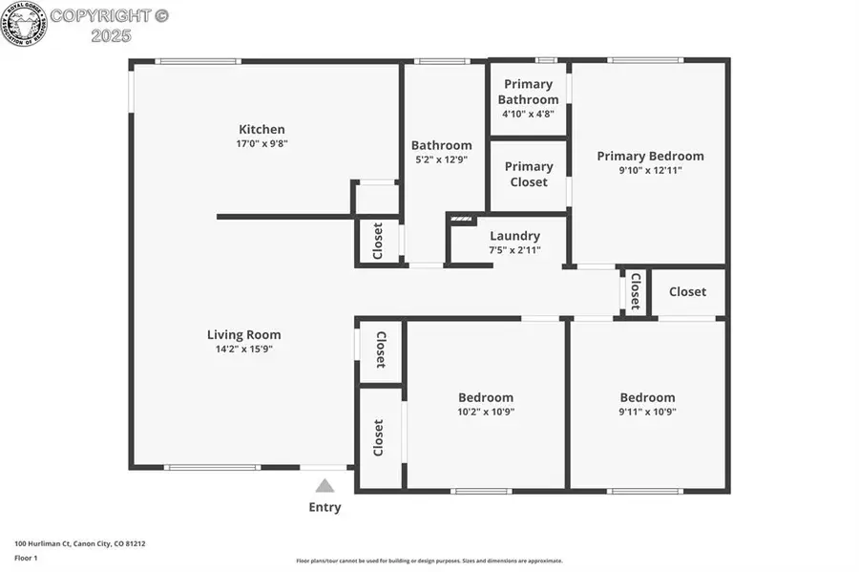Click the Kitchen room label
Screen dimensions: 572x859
click(262, 130)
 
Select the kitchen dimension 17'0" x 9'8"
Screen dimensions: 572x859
click(262, 144)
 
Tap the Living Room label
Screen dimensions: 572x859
click(244, 335)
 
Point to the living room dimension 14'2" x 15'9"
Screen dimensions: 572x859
click(244, 350)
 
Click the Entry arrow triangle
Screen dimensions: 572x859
click(325, 485)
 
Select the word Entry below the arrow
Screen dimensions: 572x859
click(325, 507)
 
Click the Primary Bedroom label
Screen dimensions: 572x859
click(650, 157)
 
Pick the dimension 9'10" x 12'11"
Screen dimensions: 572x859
click(650, 171)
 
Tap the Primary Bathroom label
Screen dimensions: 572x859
click(528, 93)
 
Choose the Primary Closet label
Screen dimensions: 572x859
click(529, 174)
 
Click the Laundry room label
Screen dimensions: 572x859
click(514, 236)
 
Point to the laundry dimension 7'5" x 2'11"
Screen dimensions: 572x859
click(514, 250)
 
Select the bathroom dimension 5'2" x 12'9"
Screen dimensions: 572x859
click(441, 160)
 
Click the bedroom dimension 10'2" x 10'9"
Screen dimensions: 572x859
click(486, 412)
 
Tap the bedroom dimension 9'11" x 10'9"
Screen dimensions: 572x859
click(647, 412)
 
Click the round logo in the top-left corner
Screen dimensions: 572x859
click(23, 23)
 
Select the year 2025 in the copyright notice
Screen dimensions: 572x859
click(111, 35)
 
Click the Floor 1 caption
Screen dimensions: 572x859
click(25, 556)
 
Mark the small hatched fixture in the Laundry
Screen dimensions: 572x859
click(462, 220)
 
